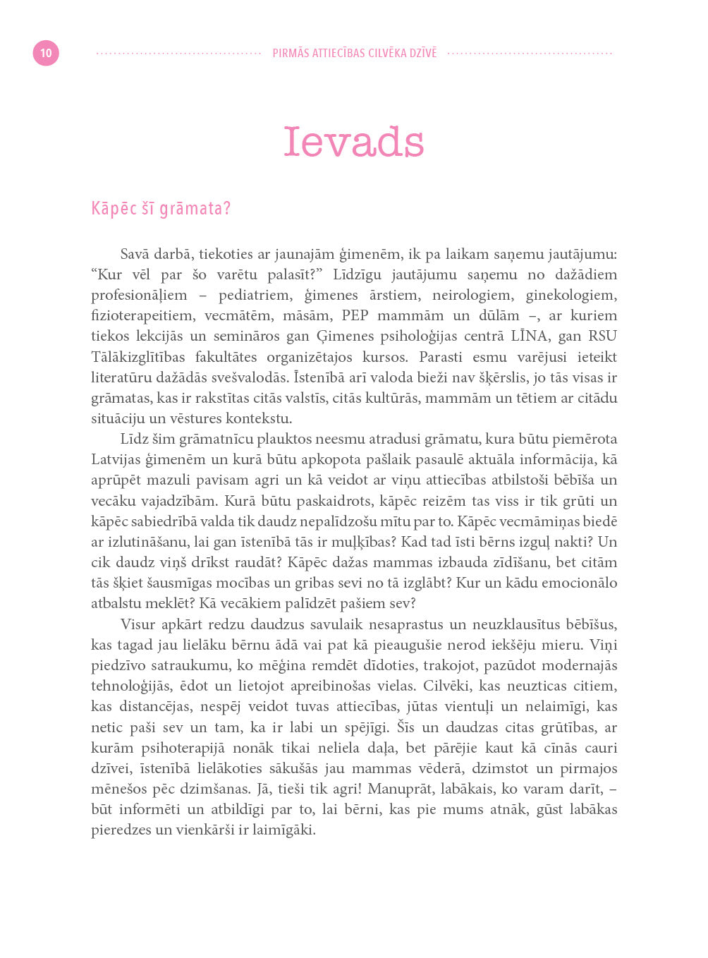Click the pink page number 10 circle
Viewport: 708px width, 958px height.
[46, 53]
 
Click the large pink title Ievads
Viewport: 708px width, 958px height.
[353, 143]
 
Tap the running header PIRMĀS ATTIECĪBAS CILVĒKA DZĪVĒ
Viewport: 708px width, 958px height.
[354, 53]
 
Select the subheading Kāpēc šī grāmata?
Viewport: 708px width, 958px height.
[161, 209]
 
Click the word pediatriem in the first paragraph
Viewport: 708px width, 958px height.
[254, 296]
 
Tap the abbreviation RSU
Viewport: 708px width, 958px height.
[602, 336]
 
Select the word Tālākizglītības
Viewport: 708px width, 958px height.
[138, 357]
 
